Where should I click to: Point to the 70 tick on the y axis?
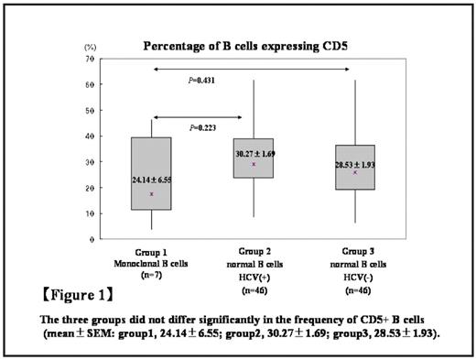point(91,58)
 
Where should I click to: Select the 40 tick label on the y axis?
point(91,136)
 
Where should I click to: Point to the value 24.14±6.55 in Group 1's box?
point(151,180)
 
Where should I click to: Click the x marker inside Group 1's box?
point(151,194)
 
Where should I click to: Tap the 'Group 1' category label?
point(151,250)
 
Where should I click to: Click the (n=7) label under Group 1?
point(151,272)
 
